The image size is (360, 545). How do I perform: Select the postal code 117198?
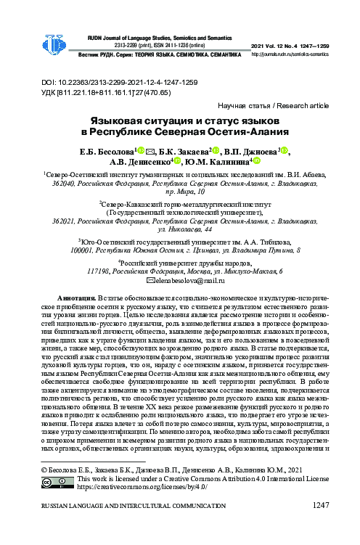pyautogui.click(x=98, y=271)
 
